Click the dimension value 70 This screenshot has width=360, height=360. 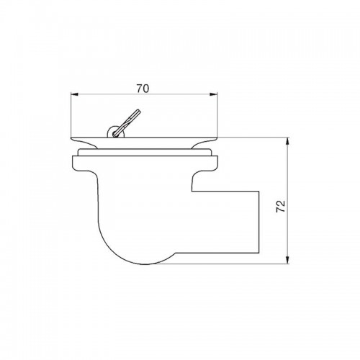pyautogui.click(x=143, y=89)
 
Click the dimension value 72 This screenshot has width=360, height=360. pyautogui.click(x=281, y=206)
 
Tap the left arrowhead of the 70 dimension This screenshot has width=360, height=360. pyautogui.click(x=75, y=94)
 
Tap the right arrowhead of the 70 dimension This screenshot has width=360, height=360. pyautogui.click(x=214, y=94)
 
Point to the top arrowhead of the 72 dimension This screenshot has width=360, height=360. pyautogui.click(x=288, y=142)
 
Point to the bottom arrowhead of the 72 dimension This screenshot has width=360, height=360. pyautogui.click(x=288, y=260)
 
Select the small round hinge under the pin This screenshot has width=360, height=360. pyautogui.click(x=115, y=132)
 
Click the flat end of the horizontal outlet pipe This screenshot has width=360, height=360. pyautogui.click(x=259, y=222)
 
